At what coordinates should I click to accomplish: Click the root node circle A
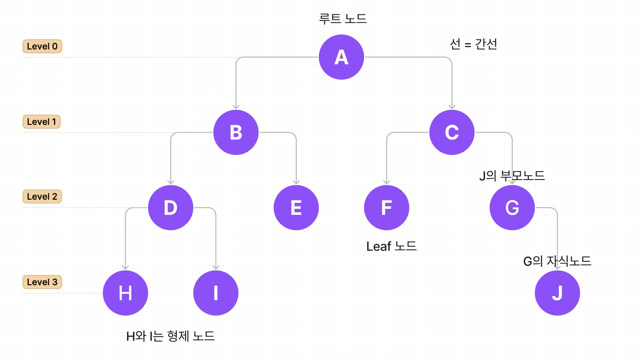(x=341, y=57)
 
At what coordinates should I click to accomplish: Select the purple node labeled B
(x=236, y=132)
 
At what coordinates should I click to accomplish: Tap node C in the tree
(x=452, y=132)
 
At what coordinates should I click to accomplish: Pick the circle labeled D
(x=171, y=208)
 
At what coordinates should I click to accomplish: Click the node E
(x=296, y=208)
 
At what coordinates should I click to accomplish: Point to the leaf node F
(x=386, y=208)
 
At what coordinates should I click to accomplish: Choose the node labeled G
(x=512, y=208)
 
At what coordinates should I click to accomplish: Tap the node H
(x=125, y=293)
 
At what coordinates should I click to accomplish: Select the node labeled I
(x=216, y=293)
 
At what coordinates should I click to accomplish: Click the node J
(x=557, y=293)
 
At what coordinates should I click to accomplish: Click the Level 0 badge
(x=42, y=46)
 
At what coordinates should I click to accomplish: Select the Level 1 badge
(x=42, y=122)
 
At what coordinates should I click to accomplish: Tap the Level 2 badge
(x=42, y=196)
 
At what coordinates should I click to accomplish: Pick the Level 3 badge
(x=42, y=282)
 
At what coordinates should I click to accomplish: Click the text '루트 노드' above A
(x=343, y=19)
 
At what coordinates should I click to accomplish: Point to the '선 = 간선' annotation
(x=473, y=44)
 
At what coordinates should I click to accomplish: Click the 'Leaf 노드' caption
(x=391, y=246)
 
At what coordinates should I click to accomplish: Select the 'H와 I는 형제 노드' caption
(x=171, y=336)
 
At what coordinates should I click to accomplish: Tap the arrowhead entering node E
(x=296, y=182)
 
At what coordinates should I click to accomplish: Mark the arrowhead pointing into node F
(x=387, y=182)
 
